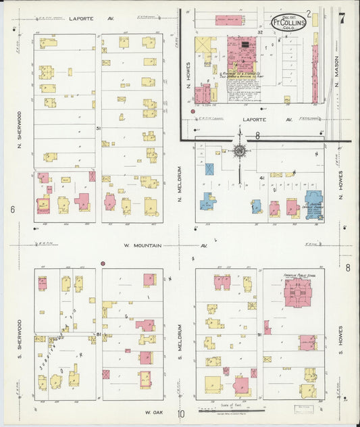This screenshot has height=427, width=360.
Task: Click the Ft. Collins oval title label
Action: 289,23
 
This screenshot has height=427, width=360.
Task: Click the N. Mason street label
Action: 335,64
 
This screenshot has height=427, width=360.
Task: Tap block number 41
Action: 259,178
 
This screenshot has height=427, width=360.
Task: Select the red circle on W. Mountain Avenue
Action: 103,263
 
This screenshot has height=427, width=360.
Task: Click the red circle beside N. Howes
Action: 194,110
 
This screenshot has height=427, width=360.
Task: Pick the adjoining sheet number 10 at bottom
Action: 181,414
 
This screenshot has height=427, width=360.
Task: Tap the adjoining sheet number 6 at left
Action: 12,209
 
